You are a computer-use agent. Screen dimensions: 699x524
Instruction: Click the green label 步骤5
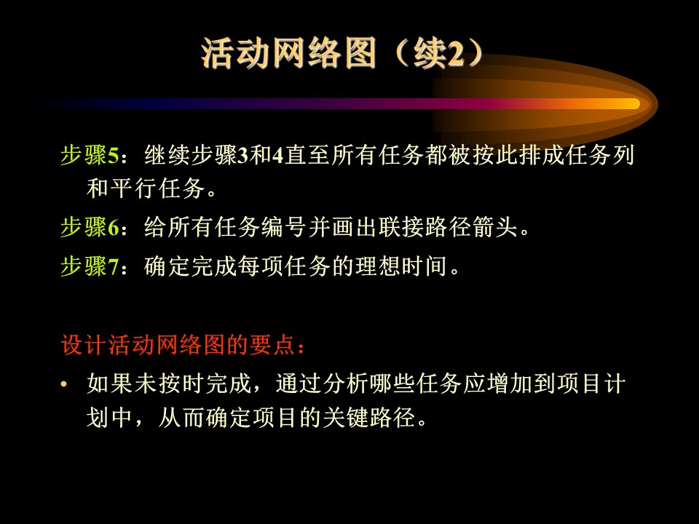[x=90, y=156]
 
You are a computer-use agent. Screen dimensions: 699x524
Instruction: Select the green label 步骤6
[x=90, y=227]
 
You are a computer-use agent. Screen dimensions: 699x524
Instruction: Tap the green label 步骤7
[x=90, y=266]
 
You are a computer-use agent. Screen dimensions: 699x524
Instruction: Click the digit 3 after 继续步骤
[x=243, y=156]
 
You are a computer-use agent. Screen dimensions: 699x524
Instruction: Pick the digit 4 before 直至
[x=278, y=156]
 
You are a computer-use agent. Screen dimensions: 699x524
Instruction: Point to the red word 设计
[x=84, y=345]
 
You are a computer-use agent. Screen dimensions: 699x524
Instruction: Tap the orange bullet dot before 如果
[x=64, y=384]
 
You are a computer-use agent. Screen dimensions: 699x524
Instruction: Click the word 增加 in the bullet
[x=510, y=384]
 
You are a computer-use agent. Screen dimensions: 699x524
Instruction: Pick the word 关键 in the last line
[x=346, y=418]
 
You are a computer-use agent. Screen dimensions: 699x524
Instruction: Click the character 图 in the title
[x=360, y=53]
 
